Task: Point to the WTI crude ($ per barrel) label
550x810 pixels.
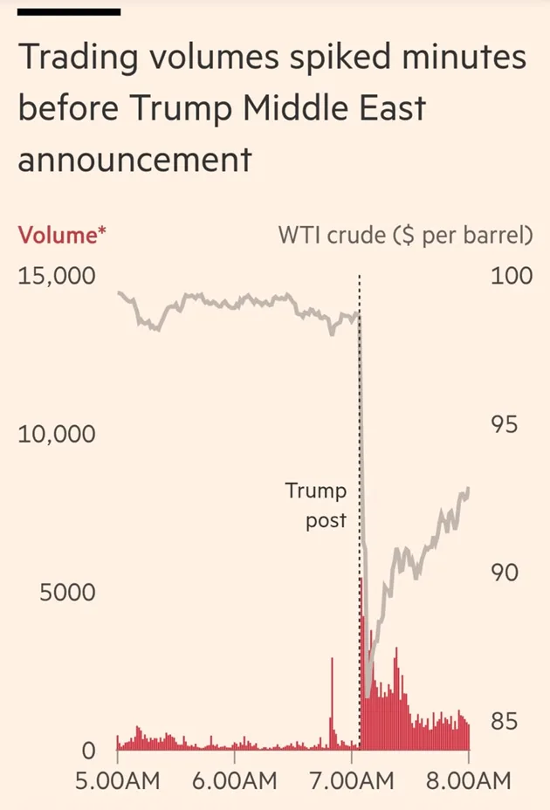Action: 405,235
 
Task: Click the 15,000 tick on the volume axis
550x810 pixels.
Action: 56,277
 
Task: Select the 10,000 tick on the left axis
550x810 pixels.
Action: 56,434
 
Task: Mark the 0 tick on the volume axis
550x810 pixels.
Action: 88,751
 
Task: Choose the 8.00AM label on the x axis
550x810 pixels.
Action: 469,779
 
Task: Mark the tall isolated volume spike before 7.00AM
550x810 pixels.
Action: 332,698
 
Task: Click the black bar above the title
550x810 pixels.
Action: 69,12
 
